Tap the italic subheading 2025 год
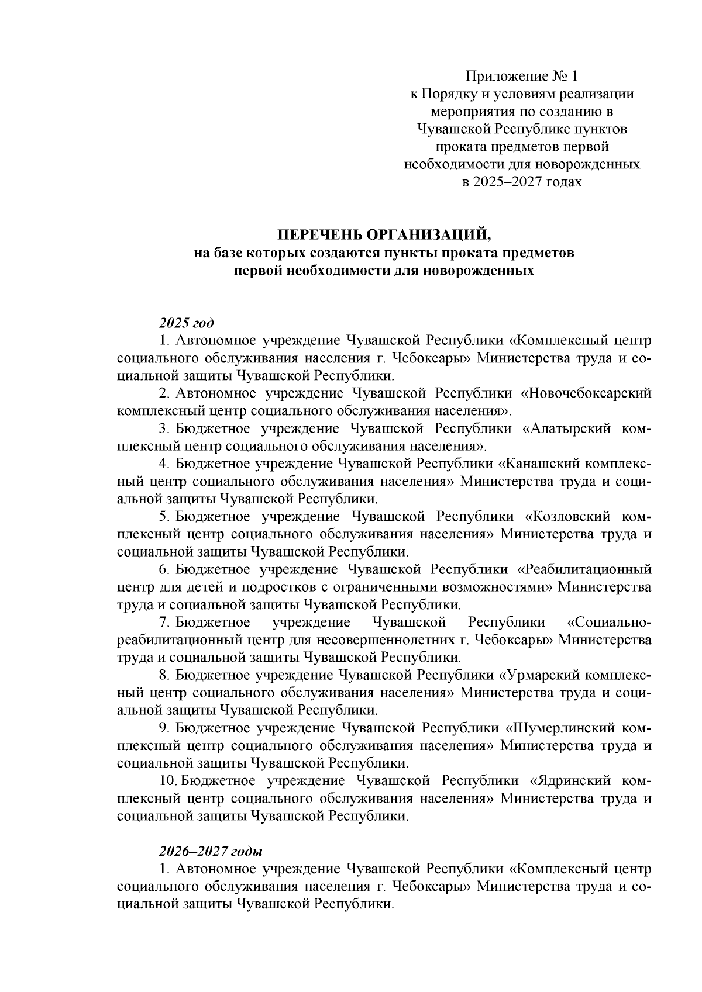click(x=186, y=323)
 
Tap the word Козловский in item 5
click(x=570, y=517)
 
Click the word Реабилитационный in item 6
click(x=585, y=569)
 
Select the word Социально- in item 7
click(x=609, y=622)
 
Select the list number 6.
click(x=163, y=569)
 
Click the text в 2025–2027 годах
click(x=522, y=182)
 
